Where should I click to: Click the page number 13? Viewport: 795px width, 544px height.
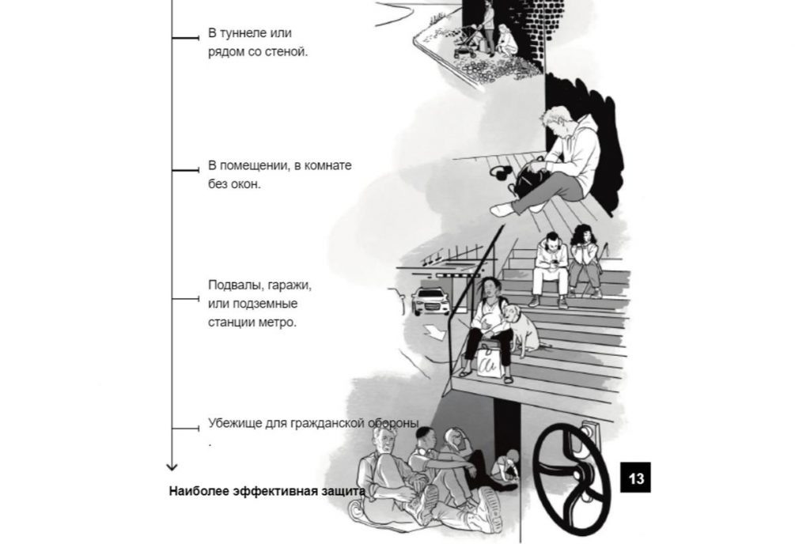click(636, 478)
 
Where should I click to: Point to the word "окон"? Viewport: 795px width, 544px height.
click(246, 184)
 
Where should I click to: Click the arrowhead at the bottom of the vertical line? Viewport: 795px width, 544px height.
click(172, 467)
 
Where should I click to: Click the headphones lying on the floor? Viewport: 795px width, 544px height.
click(502, 172)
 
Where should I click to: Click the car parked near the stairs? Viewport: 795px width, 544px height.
click(430, 300)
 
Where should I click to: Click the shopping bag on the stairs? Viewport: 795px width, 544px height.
click(489, 362)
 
